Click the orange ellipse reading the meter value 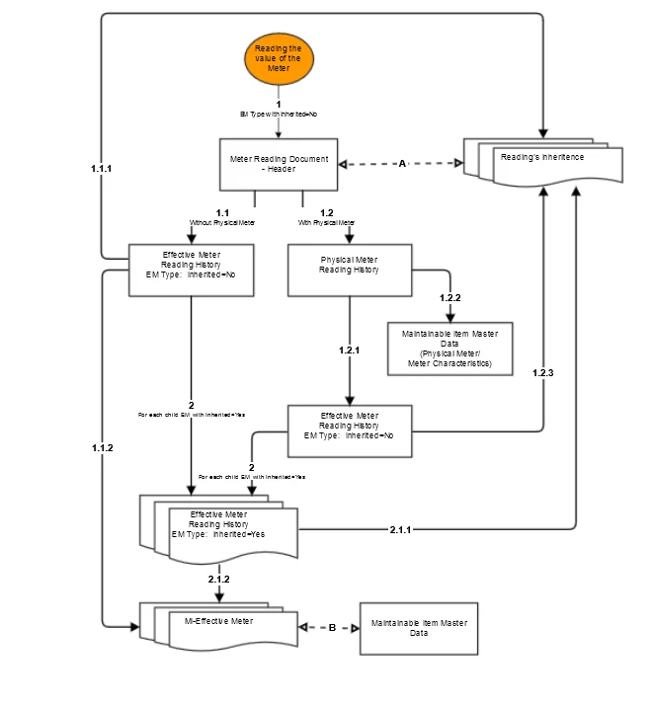point(278,59)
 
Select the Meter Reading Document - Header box point(278,163)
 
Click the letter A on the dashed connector point(402,164)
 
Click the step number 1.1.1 point(101,169)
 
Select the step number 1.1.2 point(101,447)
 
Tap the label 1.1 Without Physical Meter point(222,217)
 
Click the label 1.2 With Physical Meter point(327,217)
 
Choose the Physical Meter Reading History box point(349,269)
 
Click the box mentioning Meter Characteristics point(449,349)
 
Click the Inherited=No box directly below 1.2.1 point(349,430)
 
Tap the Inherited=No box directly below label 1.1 point(194,270)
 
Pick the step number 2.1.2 point(218,579)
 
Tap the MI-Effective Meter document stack point(219,624)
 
